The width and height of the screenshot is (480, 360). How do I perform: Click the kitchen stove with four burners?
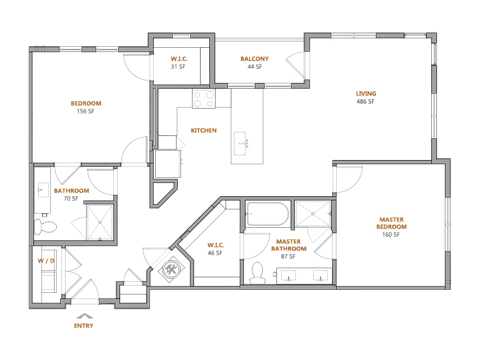click(x=204, y=99)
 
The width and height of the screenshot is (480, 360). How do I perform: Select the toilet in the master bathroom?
click(x=257, y=273)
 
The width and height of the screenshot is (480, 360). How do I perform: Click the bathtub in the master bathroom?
click(x=267, y=214)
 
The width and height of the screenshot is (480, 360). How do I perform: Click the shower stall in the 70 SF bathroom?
click(x=100, y=222)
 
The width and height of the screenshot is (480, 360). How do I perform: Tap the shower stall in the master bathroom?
click(x=313, y=214)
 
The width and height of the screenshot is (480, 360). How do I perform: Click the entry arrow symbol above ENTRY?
click(x=84, y=316)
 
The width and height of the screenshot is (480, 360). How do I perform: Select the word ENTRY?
click(x=83, y=326)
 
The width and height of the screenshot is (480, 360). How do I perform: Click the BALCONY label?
click(x=254, y=59)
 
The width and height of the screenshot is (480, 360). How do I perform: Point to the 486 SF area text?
click(x=366, y=101)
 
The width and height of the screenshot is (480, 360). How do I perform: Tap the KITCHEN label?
click(x=204, y=130)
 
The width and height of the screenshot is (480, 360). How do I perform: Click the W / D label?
click(x=46, y=261)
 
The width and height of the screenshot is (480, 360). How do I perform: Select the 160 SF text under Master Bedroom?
click(x=391, y=235)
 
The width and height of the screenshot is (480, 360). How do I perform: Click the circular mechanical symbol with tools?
click(x=172, y=269)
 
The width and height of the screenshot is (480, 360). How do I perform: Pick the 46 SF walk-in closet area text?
click(x=215, y=253)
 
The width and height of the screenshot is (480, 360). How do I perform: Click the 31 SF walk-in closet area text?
click(x=178, y=67)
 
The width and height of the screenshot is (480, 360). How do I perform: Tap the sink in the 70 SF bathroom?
click(x=43, y=190)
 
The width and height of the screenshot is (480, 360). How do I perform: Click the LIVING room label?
click(x=366, y=93)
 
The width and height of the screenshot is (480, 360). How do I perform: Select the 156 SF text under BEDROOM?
click(x=86, y=111)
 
